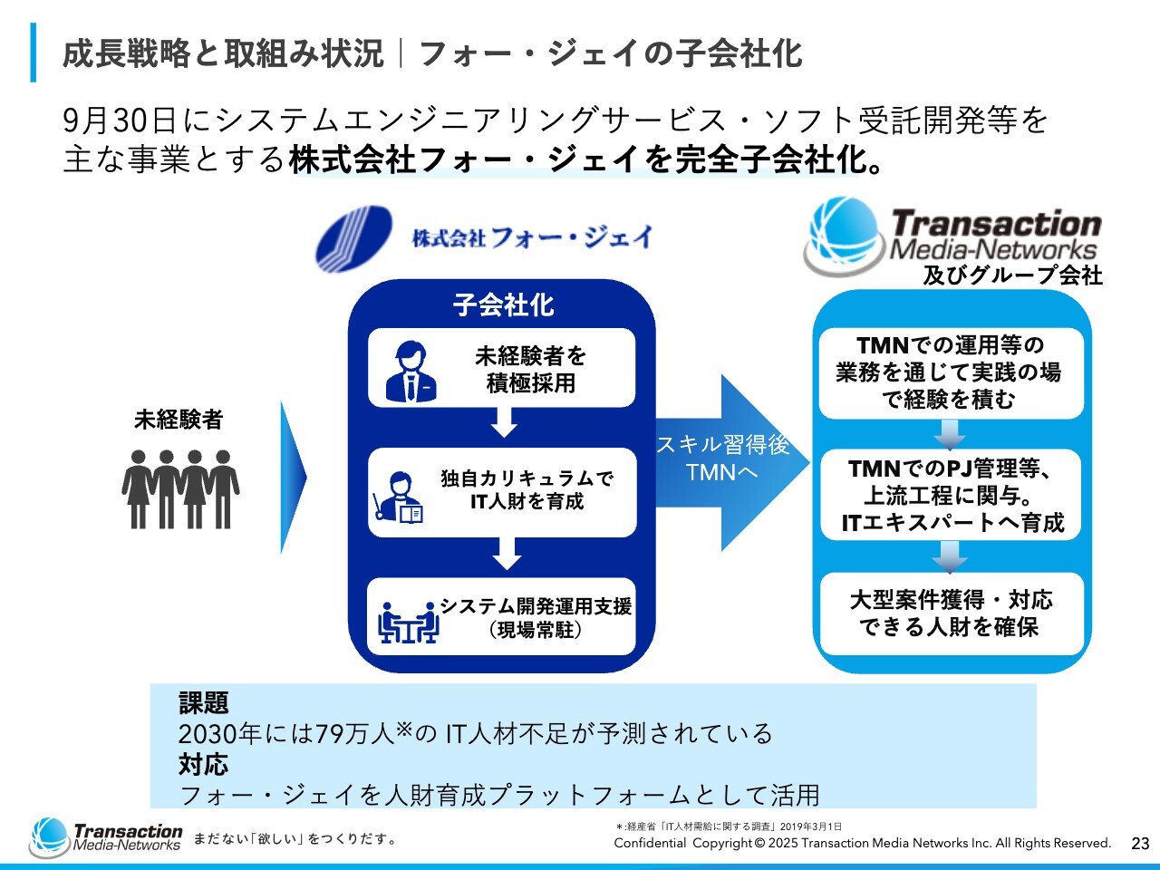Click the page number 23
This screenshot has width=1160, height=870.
1140,843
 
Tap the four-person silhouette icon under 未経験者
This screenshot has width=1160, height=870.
180,489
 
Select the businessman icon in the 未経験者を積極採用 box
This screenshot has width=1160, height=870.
411,372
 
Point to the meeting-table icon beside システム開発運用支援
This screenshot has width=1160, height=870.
408,621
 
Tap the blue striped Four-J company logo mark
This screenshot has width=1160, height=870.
353,238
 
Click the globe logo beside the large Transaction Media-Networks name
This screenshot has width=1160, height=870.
842,235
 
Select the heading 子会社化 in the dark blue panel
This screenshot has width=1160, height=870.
503,304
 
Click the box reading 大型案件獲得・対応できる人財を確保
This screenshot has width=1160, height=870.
952,614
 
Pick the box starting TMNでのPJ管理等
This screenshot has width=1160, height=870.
952,495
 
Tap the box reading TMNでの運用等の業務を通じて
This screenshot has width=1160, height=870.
950,372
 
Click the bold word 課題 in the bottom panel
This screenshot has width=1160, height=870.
204,702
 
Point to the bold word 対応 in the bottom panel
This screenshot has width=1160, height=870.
204,764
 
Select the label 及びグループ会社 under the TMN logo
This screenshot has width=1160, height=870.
1012,275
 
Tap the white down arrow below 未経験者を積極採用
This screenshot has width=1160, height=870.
504,421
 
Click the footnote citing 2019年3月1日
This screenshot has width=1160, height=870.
729,826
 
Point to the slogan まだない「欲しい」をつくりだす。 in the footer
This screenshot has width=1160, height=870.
295,839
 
